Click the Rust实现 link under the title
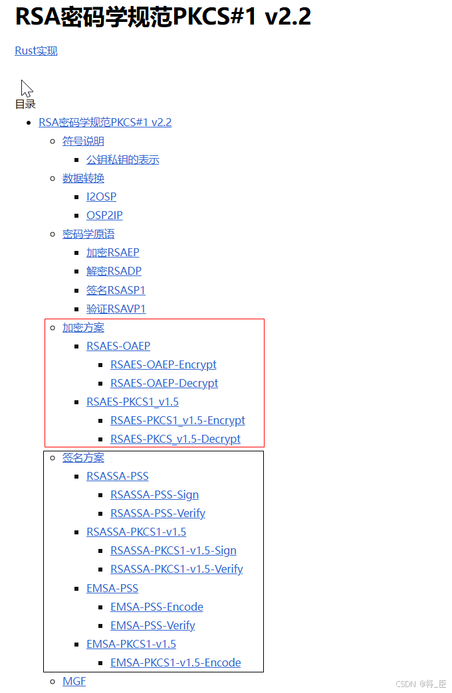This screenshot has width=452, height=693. pos(36,51)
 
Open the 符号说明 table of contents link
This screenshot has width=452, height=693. pos(83,141)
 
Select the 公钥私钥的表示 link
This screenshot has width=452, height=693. pos(122,160)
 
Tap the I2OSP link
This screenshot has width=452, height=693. pos(101,197)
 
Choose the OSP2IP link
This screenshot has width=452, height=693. pos(104,216)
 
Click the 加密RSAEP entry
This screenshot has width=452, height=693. pos(112,253)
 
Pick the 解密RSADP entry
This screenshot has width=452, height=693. pos(114,271)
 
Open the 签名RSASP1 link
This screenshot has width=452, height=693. pos(116,290)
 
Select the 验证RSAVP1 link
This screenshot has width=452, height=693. pos(116,309)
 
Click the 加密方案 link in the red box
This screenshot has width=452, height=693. pos(83,328)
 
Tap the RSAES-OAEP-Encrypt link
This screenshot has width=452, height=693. pos(163,365)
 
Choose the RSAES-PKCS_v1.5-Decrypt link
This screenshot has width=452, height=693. pos(175,439)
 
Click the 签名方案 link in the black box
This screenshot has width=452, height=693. pos(83,458)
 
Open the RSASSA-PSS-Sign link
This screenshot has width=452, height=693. pos(154,495)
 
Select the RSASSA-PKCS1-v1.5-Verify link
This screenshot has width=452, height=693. pos(176,570)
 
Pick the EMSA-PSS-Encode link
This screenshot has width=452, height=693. pos(157,607)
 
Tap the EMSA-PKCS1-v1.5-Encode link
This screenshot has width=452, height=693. pos(175,663)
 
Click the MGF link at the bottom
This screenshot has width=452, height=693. pos(74,682)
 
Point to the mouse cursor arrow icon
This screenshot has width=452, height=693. pos(26,88)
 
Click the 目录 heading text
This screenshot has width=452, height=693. pos(25,104)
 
